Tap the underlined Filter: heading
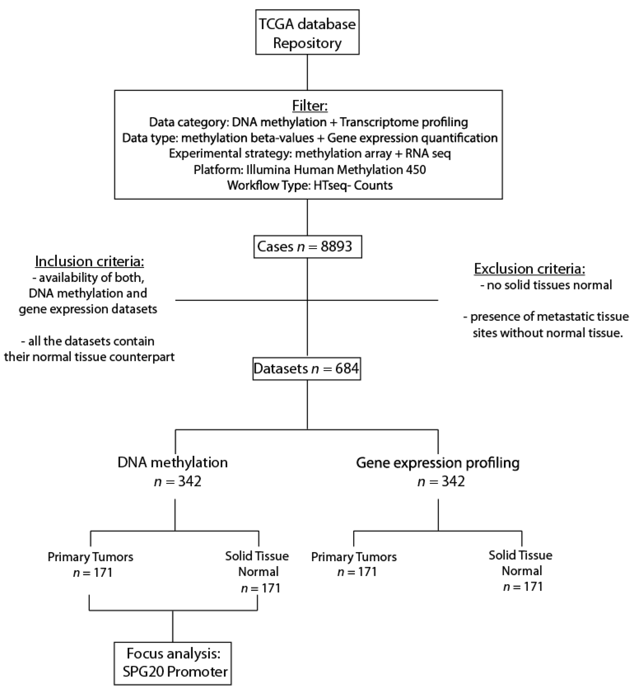(310, 105)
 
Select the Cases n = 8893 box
(307, 247)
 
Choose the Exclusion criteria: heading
(529, 269)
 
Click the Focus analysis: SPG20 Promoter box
(173, 662)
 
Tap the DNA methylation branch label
(172, 462)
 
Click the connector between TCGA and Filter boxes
(307, 72)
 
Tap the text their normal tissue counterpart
(89, 357)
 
